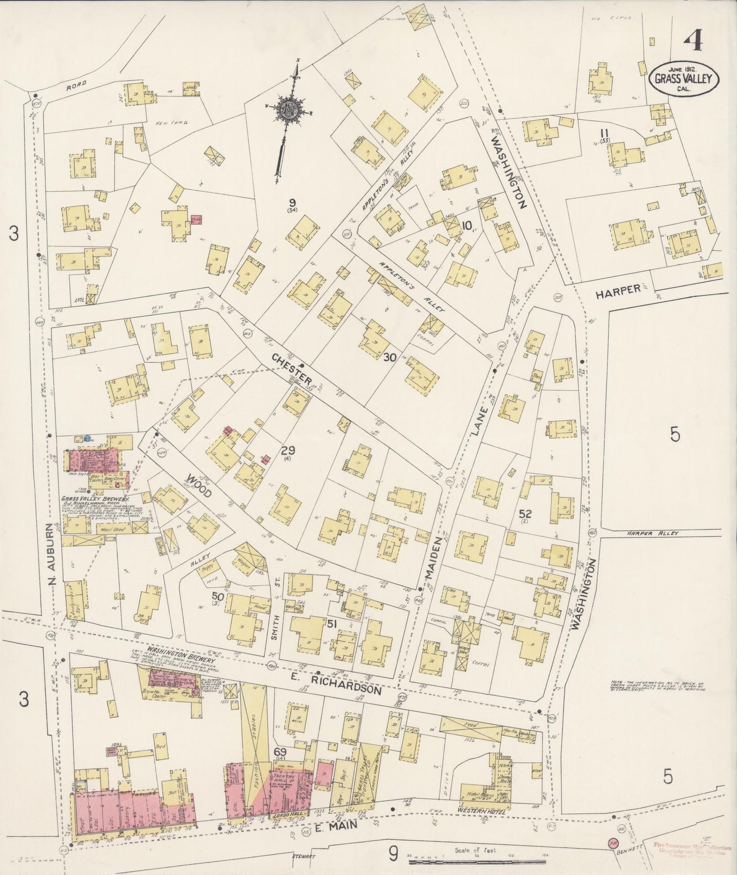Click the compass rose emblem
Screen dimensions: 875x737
(x=288, y=108)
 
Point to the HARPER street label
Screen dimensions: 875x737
(x=618, y=290)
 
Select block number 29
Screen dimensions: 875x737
(x=288, y=451)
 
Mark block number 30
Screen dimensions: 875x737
(x=390, y=358)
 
